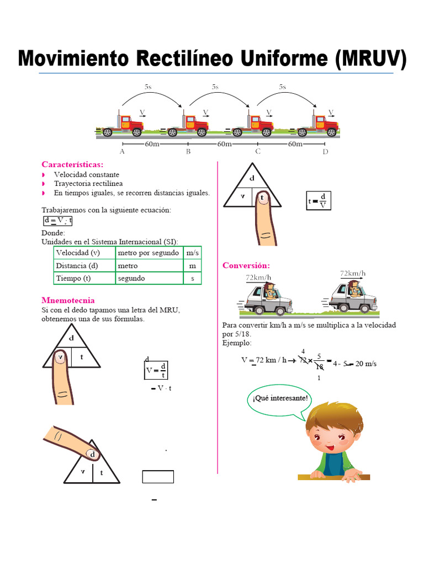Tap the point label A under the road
(122, 152)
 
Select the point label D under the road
(325, 152)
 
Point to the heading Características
(72, 164)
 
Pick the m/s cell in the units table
(193, 253)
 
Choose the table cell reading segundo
(131, 278)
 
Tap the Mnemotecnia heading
(68, 300)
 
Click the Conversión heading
(246, 265)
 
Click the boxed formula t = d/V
(318, 201)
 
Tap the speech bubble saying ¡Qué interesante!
(279, 399)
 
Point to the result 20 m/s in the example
(365, 363)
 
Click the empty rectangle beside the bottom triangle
(158, 476)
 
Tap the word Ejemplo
(236, 343)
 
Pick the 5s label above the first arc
(148, 87)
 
